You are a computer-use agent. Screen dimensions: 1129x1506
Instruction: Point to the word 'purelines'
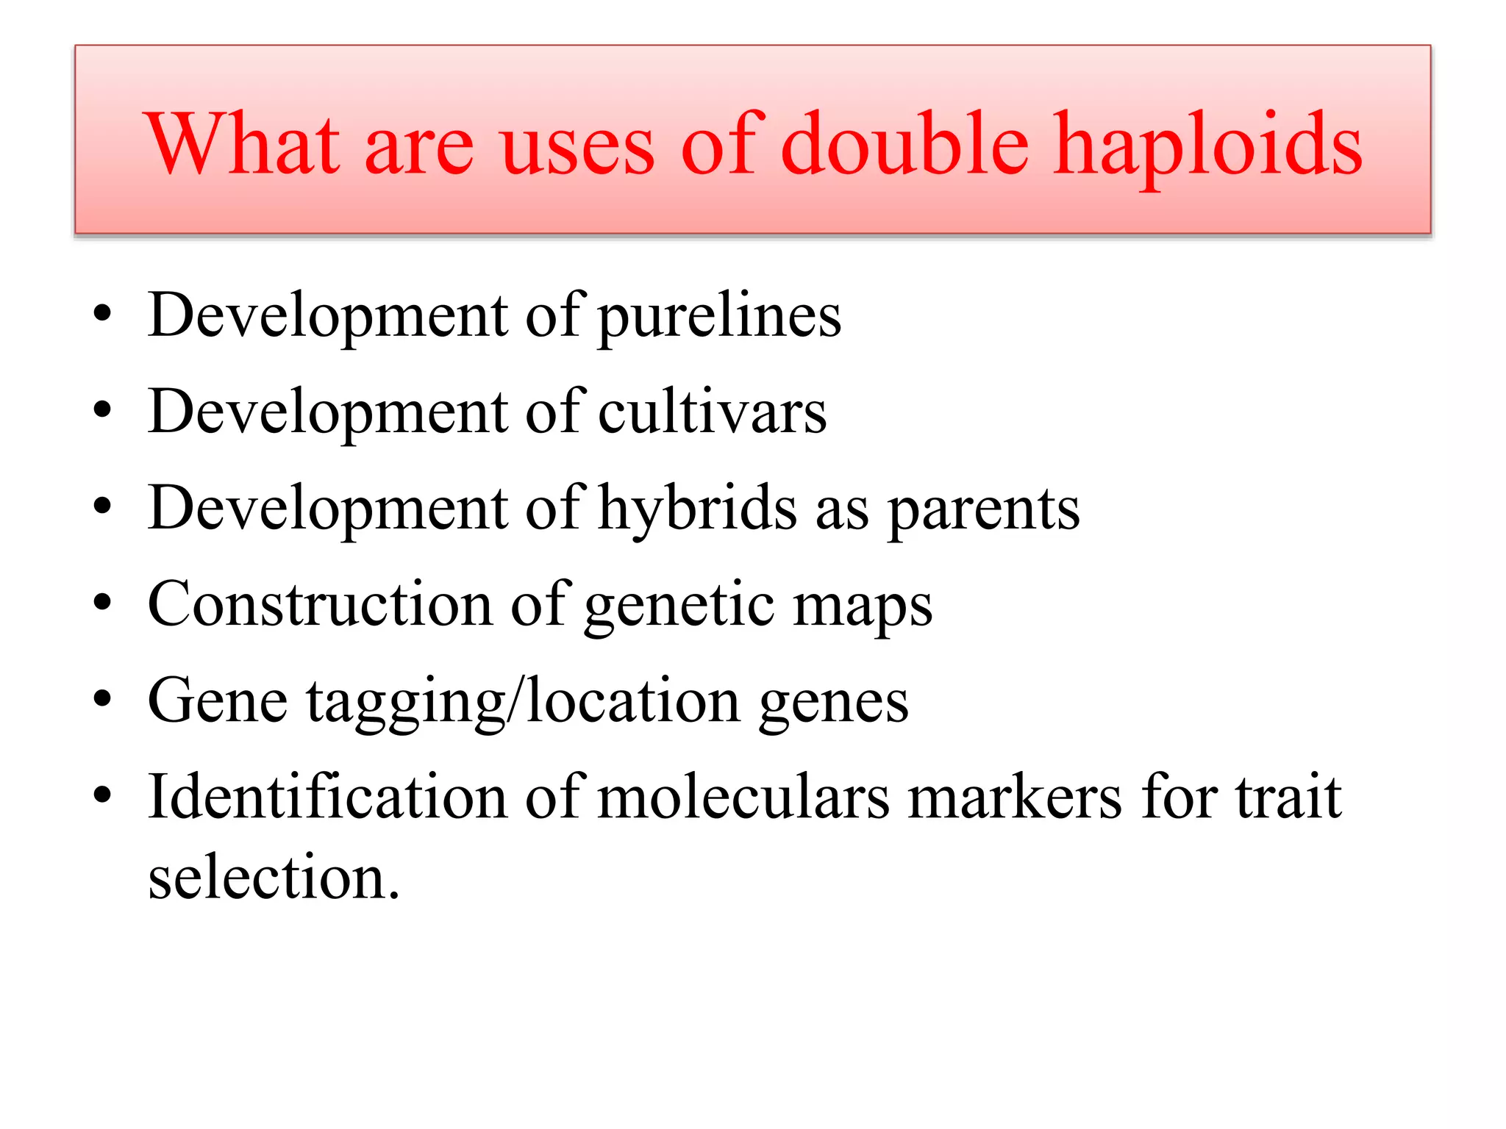pyautogui.click(x=719, y=316)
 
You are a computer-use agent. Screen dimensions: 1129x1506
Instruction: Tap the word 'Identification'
pyautogui.click(x=327, y=797)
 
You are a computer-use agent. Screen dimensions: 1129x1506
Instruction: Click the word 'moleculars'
pyautogui.click(x=743, y=797)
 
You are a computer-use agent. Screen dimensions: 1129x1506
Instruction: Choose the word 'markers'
pyautogui.click(x=1016, y=797)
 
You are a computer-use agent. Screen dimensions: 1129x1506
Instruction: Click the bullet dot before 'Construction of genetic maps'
pyautogui.click(x=103, y=604)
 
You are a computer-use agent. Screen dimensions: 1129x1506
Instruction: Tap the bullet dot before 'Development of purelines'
pyautogui.click(x=103, y=316)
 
